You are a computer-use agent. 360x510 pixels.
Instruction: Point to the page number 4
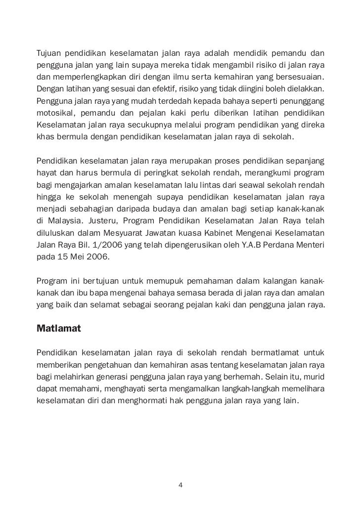tap(180, 485)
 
